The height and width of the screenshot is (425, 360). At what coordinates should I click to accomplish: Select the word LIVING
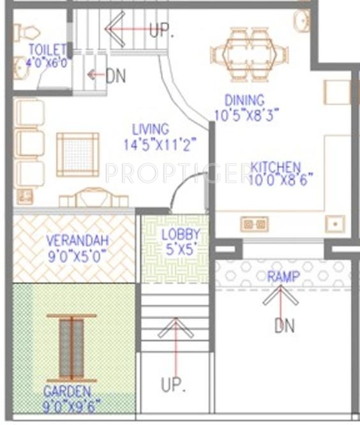[151, 130]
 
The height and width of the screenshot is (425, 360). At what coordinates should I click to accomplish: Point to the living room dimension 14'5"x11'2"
[159, 145]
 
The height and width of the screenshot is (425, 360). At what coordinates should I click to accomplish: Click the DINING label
[244, 100]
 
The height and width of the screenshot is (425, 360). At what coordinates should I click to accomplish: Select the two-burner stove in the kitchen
[253, 224]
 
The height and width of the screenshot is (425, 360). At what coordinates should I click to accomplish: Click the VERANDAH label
[77, 241]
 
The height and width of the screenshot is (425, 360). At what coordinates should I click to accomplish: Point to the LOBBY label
[181, 234]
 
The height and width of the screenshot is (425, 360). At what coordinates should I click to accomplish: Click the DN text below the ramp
[284, 326]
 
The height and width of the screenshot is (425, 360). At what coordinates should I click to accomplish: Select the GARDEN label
[67, 391]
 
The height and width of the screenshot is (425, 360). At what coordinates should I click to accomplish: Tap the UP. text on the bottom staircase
[172, 385]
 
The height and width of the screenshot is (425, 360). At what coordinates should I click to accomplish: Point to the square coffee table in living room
[77, 154]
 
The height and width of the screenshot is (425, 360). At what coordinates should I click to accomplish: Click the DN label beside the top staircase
[116, 76]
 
